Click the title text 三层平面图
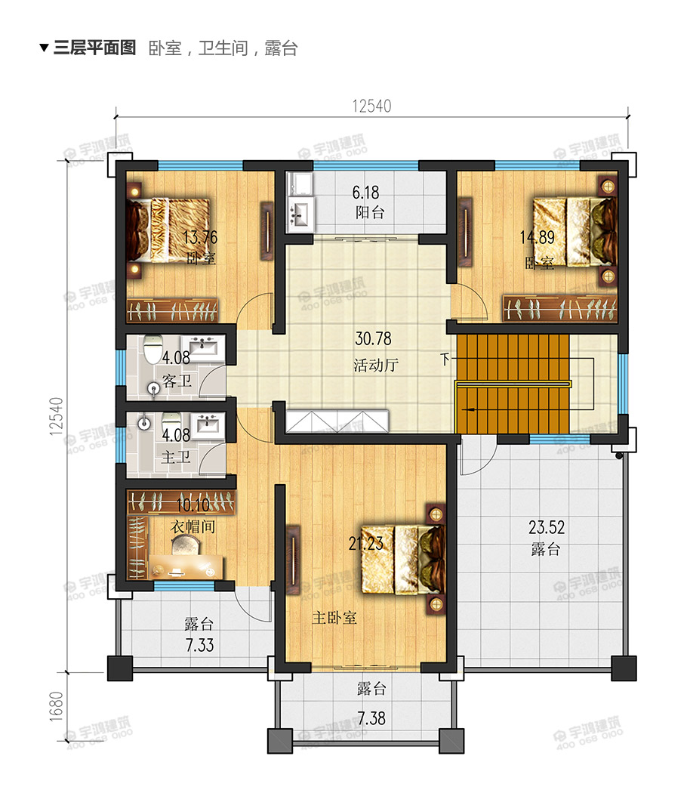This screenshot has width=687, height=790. tap(94, 48)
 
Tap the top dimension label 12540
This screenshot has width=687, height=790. tap(371, 106)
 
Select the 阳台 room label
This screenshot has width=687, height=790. tap(370, 212)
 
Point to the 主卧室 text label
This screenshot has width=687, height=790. tap(334, 618)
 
